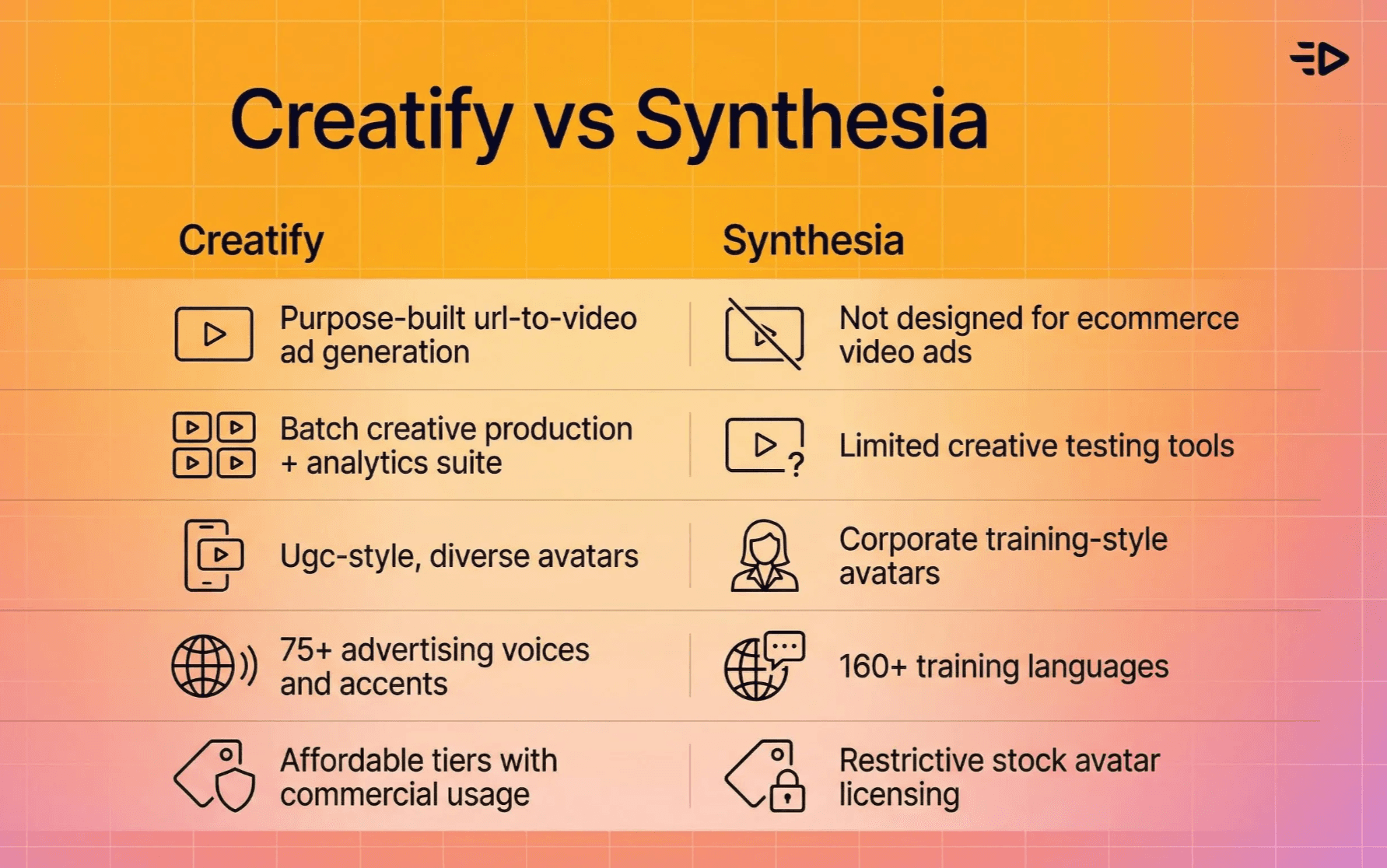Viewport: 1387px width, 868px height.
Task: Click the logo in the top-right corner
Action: (x=1320, y=59)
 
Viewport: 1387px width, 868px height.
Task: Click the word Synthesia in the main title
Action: (x=811, y=121)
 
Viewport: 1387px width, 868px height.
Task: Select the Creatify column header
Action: (x=250, y=240)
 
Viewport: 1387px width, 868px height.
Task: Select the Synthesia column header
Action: (x=813, y=240)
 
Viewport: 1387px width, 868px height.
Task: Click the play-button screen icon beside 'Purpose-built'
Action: (x=214, y=334)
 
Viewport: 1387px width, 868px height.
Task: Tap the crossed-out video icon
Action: (x=764, y=334)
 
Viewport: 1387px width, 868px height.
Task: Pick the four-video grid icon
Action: (x=214, y=445)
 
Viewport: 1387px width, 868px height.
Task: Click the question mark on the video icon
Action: (x=795, y=464)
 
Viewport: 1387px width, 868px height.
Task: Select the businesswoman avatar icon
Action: (x=765, y=555)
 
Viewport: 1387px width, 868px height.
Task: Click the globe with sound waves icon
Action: (x=214, y=666)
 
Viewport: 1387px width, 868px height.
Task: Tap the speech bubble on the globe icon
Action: (x=784, y=647)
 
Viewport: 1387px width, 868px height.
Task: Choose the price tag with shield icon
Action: (x=214, y=776)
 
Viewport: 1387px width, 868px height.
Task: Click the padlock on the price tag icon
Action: (x=787, y=792)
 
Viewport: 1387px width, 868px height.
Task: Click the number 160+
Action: (x=872, y=667)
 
